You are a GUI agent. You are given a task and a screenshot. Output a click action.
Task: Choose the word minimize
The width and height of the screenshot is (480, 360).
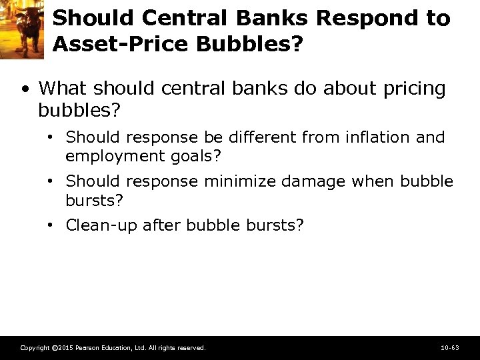242,181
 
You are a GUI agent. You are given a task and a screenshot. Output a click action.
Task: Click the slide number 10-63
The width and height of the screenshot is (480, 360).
450,348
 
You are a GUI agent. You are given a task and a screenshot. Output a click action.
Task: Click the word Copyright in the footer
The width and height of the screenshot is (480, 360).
34,348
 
